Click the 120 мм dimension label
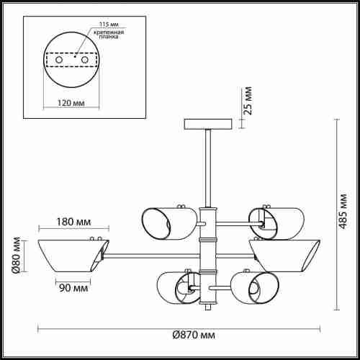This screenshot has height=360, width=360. tap(71, 103)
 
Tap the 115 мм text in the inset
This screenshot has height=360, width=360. tap(109, 24)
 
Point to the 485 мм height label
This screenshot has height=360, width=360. tap(343, 211)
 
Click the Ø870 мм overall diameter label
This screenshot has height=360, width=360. tap(194, 335)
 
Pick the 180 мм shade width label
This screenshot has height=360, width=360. tap(73, 222)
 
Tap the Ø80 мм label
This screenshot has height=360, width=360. tap(16, 255)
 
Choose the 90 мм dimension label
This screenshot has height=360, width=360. tap(73, 288)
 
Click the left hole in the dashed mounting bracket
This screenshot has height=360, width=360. tap(59, 60)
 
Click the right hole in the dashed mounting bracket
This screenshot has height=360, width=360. tap(85, 60)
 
